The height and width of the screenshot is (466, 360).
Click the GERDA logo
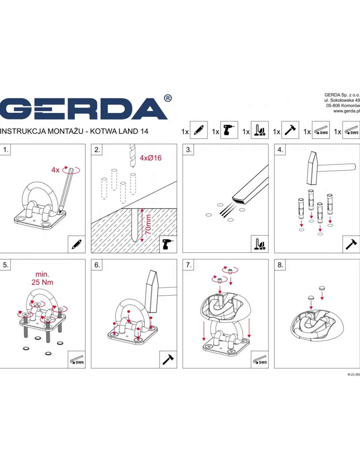point(83,109)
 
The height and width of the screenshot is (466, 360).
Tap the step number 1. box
point(5,149)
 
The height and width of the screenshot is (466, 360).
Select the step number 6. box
point(97,265)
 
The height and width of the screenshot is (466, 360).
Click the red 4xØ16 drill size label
point(151,158)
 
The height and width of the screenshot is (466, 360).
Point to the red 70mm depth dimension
point(148,225)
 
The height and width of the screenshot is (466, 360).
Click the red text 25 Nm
point(42,282)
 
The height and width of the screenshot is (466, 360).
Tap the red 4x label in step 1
point(55,170)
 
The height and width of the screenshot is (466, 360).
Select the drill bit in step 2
point(133,156)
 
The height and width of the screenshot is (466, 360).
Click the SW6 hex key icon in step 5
point(77,360)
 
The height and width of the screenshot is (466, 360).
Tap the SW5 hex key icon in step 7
point(260,360)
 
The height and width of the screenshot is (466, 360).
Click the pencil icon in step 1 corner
point(77,244)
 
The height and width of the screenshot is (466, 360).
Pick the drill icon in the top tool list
point(229,130)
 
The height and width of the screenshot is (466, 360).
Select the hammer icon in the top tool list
point(290,130)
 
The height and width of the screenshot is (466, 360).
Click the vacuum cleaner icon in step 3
point(260,244)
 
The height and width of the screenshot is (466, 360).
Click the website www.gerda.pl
point(347,111)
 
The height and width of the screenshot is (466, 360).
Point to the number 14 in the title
point(145,131)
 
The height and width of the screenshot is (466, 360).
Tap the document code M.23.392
point(354,375)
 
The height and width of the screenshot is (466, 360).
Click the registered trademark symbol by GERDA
point(168,98)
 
